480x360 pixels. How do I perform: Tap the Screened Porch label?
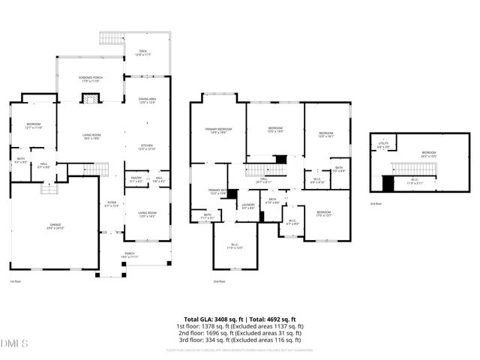click(x=91, y=79)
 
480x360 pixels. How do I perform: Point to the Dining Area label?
click(x=146, y=100)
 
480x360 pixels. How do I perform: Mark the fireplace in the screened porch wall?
click(x=91, y=98)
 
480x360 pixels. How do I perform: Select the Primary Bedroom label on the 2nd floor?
click(x=218, y=130)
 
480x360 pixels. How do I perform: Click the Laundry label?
click(x=247, y=205)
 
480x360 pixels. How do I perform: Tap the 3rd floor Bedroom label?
click(x=428, y=154)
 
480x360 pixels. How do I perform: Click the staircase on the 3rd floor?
click(x=410, y=169)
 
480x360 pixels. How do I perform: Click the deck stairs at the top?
click(x=110, y=38)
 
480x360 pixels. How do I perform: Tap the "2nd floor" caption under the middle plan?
click(x=218, y=281)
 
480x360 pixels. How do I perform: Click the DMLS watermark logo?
click(x=14, y=343)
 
